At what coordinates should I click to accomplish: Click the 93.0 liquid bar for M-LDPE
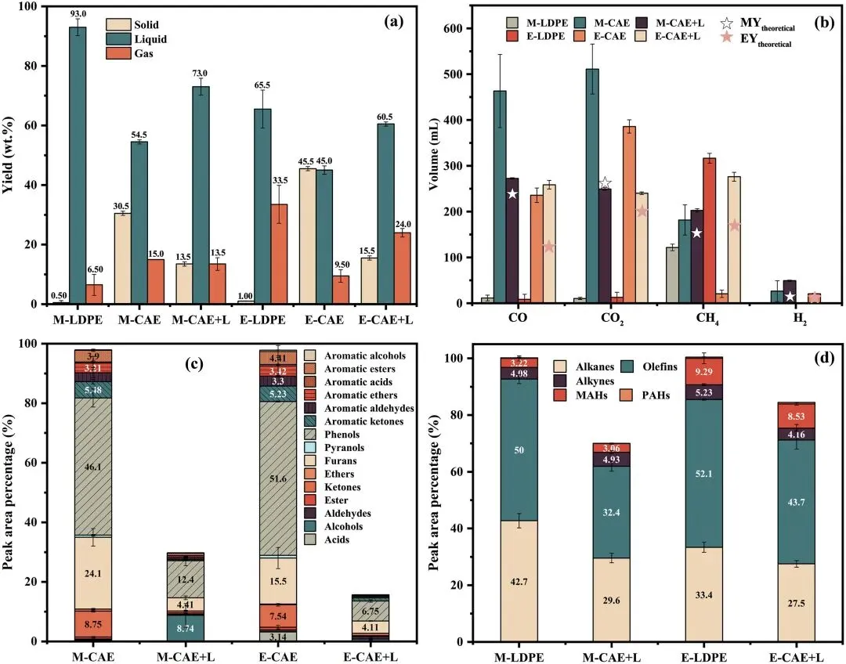pos(78,164)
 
